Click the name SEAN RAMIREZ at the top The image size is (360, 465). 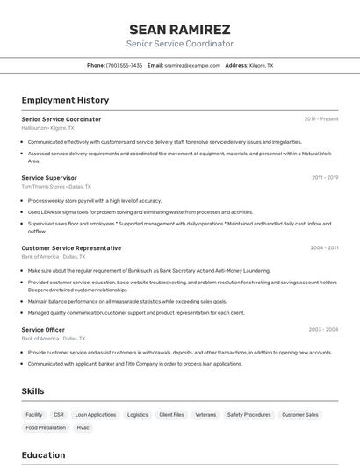180,29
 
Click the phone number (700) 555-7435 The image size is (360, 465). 124,65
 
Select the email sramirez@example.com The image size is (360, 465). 192,65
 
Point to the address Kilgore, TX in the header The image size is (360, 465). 261,65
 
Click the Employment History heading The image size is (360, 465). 65,100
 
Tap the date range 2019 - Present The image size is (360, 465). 321,119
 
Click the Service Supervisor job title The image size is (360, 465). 49,178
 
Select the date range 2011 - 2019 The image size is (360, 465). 325,178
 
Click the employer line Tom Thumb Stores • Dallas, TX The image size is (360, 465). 56,187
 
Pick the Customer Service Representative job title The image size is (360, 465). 71,248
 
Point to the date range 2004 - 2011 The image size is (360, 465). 324,248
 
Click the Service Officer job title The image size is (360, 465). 43,330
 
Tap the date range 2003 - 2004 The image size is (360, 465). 323,330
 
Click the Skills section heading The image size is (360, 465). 32,391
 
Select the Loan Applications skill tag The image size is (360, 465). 95,414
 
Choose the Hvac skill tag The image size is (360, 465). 83,428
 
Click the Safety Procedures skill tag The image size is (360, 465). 248,414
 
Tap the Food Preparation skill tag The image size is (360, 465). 46,428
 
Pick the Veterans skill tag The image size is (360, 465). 205,414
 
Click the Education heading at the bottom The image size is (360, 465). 43,455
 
